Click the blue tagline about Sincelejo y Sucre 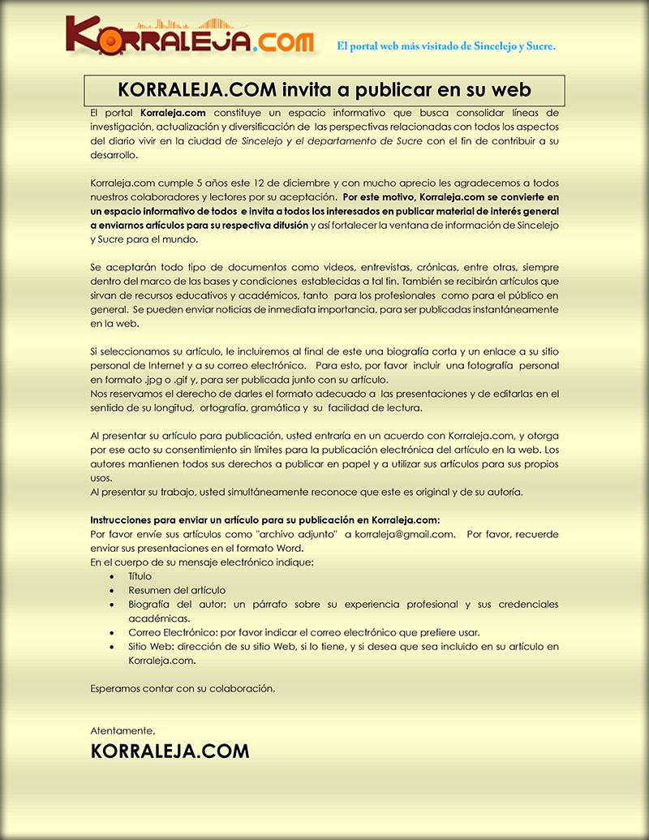click(446, 46)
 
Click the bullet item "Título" click(140, 575)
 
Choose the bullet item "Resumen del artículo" click(177, 590)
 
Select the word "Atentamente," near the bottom click(122, 730)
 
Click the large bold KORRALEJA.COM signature click(170, 752)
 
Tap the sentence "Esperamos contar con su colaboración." click(183, 688)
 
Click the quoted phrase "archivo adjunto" click(296, 533)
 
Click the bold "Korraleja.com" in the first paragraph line click(167, 112)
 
